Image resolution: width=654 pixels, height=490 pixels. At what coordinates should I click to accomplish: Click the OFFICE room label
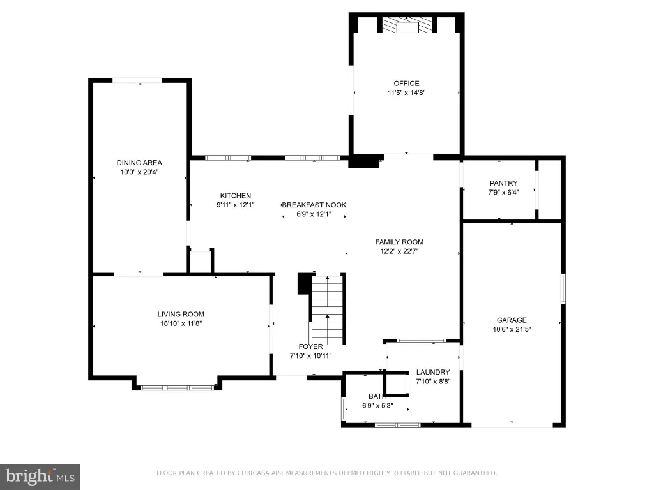[x=406, y=84]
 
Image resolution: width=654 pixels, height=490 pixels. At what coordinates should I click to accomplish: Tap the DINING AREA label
[x=139, y=163]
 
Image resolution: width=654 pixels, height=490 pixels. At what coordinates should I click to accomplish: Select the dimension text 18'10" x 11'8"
[x=181, y=323]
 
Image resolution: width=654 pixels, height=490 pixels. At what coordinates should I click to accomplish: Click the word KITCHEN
[x=236, y=195]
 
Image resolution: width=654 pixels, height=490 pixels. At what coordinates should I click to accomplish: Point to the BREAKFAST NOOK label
[x=314, y=205]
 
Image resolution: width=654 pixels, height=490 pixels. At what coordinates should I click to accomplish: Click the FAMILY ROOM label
[x=399, y=242]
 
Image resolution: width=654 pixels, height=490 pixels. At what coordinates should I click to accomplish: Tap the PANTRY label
[x=503, y=183]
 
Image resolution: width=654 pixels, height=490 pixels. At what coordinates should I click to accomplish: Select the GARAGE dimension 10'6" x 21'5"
[x=512, y=329]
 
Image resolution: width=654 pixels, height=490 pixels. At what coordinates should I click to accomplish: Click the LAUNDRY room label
[x=433, y=372]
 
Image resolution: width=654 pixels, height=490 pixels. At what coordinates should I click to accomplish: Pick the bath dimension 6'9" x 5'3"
[x=377, y=405]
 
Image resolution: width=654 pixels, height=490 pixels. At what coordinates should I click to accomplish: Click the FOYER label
[x=311, y=346]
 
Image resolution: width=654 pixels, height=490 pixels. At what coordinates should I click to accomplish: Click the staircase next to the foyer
[x=328, y=310]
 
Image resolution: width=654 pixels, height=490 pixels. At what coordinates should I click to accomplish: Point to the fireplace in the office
[x=407, y=25]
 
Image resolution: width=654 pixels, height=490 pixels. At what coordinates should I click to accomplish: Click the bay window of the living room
[x=178, y=388]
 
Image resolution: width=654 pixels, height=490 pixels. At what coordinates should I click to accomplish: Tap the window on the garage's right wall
[x=563, y=288]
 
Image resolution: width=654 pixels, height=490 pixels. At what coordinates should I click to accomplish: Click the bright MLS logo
[x=40, y=477]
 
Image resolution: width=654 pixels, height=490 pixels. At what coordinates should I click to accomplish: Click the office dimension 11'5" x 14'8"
[x=407, y=93]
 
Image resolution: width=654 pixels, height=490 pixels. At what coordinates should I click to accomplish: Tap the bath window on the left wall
[x=344, y=408]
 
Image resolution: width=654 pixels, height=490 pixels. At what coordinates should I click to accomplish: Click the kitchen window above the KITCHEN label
[x=228, y=158]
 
